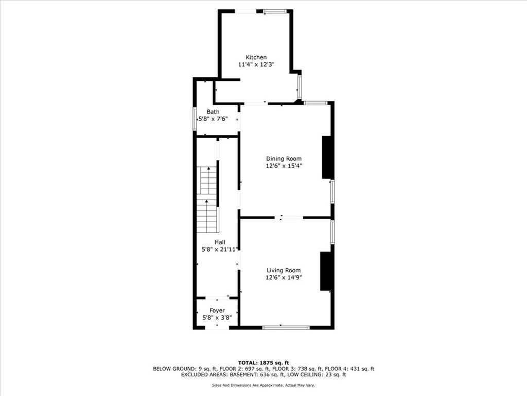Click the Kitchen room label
pos(256,57)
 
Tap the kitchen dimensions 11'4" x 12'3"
pos(256,65)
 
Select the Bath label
pos(213,112)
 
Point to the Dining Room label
pos(284,159)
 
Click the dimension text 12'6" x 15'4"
pos(284,166)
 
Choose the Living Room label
pos(284,270)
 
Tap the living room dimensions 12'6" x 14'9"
pos(284,277)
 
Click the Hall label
pos(220,242)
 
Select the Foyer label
pos(217,310)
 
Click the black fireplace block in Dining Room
pos(327,157)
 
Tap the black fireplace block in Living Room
pos(326,271)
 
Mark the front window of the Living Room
pos(286,327)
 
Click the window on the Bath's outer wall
pos(195,119)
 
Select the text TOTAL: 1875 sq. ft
pos(263,362)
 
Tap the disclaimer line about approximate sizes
pos(263,385)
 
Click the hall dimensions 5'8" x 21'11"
pos(220,249)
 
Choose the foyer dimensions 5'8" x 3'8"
pos(217,318)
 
